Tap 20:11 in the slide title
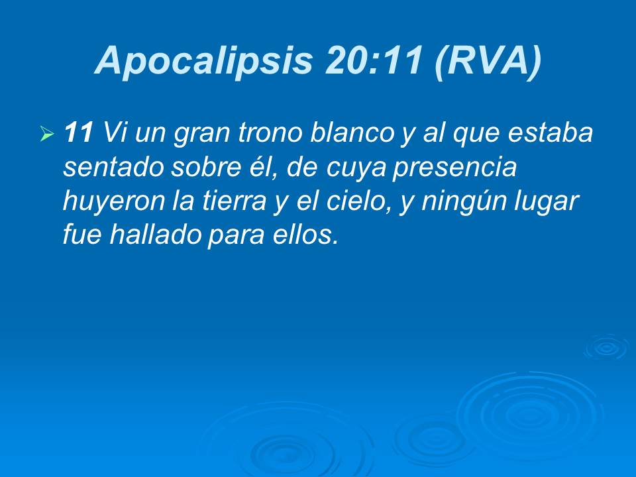[x=374, y=61]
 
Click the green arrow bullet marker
[x=46, y=135]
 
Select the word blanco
[x=361, y=134]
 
